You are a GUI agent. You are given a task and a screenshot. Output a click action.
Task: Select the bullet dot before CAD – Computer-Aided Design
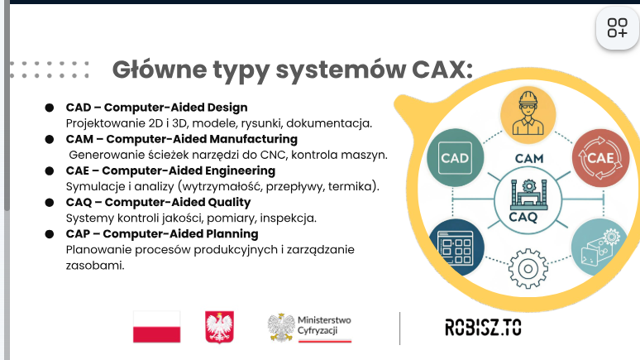tap(50, 108)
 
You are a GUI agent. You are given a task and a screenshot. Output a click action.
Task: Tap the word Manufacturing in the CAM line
tap(254, 139)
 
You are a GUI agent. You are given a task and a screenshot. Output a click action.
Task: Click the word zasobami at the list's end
tap(95, 266)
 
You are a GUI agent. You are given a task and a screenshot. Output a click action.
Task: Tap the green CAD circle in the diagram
tap(455, 158)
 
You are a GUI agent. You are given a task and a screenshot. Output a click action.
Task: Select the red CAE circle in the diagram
tap(600, 158)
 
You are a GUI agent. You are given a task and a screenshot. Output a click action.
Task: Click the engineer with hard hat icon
tap(528, 115)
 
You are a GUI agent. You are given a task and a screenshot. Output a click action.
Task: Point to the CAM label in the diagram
tap(529, 159)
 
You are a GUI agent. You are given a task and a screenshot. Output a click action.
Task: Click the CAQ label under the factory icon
tap(523, 217)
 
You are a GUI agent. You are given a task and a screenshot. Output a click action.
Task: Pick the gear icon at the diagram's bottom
tap(528, 268)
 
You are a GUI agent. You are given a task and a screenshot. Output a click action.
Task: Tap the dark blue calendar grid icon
tap(456, 247)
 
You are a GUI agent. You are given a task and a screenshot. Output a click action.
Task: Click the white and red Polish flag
tap(157, 327)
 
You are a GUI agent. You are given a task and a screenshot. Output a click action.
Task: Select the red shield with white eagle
tap(220, 327)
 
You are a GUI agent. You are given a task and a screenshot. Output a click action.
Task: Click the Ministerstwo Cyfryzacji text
tap(324, 325)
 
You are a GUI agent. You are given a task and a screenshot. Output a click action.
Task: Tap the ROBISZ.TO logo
tap(483, 327)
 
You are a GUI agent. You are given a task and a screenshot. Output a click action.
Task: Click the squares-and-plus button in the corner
tap(617, 28)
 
